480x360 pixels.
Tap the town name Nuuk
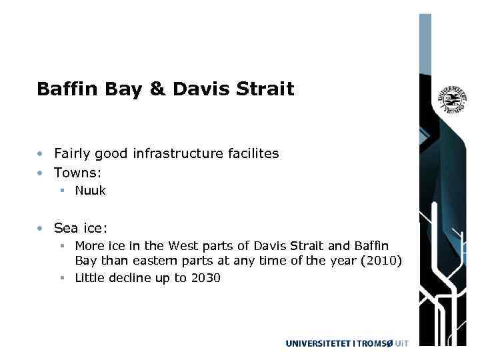[x=90, y=191]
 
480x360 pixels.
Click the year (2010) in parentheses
[x=381, y=260]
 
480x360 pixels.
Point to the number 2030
[x=205, y=278]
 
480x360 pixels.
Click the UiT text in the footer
[x=401, y=343]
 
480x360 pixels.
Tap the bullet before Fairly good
[x=41, y=154]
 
